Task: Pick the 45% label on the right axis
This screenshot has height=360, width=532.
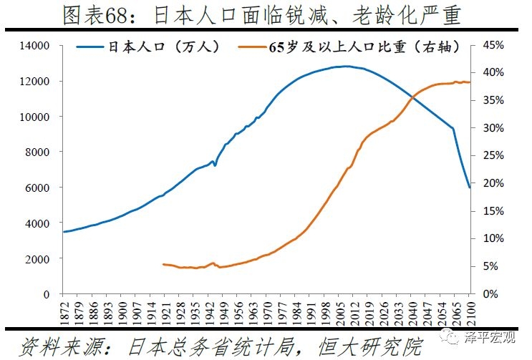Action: click(493, 46)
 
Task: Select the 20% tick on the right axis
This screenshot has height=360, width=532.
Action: click(493, 183)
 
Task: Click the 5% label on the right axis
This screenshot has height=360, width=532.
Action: click(490, 266)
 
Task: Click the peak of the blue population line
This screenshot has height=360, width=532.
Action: click(347, 67)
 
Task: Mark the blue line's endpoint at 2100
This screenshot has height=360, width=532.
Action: click(470, 188)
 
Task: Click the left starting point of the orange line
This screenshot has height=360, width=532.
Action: click(164, 264)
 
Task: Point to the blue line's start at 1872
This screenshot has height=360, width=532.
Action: click(63, 232)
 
